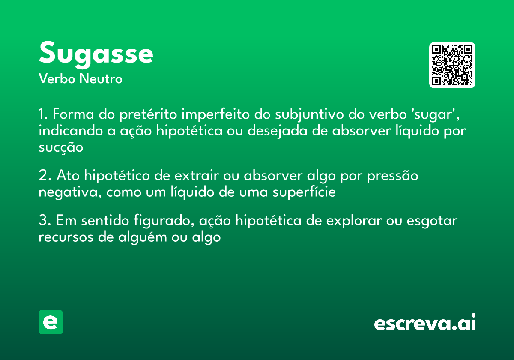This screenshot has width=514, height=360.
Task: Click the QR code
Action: pyautogui.click(x=452, y=65)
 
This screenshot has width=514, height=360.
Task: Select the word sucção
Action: pyautogui.click(x=60, y=147)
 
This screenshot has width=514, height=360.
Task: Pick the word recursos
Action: pyautogui.click(x=66, y=237)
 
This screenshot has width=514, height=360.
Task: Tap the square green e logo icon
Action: pyautogui.click(x=51, y=322)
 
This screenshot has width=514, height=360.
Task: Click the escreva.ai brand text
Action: pyautogui.click(x=425, y=323)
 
